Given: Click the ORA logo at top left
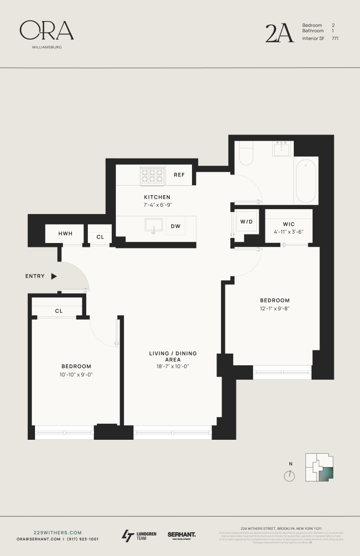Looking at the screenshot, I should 47,32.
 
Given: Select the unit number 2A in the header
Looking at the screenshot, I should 279,33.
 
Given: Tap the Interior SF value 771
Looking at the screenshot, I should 335,38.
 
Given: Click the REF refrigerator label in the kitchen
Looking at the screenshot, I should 179,175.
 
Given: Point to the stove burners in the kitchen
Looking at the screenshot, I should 151,176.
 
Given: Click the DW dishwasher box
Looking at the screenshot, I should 175,226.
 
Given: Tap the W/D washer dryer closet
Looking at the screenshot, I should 246,222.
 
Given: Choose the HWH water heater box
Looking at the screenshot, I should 65,235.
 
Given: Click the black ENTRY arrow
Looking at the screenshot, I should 54,276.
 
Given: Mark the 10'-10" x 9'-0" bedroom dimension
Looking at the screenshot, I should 76,374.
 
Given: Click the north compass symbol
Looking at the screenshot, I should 289,476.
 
